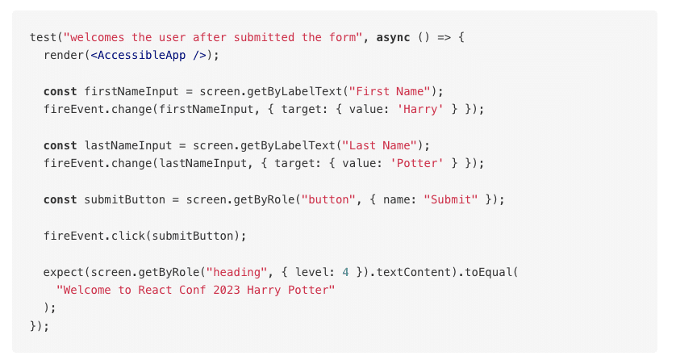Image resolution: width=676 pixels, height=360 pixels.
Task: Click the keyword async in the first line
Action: coord(393,37)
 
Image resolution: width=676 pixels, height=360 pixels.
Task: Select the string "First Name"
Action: coord(390,91)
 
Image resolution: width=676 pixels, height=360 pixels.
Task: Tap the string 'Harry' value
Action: coord(420,110)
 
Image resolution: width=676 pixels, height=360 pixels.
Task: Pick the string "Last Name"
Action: coord(379,146)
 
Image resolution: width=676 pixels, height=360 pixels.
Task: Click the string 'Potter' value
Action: coord(416,163)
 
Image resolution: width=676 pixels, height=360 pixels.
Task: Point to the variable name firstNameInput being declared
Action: coord(131,91)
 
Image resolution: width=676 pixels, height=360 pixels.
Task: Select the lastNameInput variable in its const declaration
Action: coord(127,146)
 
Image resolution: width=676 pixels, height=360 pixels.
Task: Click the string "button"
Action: coord(328,199)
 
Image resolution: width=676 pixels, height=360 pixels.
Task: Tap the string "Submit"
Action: coord(450,199)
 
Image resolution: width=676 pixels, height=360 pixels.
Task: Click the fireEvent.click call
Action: coord(144,236)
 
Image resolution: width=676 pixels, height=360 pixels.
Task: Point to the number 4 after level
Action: coord(345,273)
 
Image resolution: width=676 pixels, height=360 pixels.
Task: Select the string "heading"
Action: coord(236,273)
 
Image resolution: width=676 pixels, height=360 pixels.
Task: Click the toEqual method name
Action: coord(488,273)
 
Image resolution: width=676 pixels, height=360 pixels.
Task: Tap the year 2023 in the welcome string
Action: coord(227,290)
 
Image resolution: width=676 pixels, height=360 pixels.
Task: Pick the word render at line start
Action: coord(64,55)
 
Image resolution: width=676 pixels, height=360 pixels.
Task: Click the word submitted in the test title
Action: coord(264,37)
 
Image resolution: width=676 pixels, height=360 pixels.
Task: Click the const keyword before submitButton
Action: coord(60,199)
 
